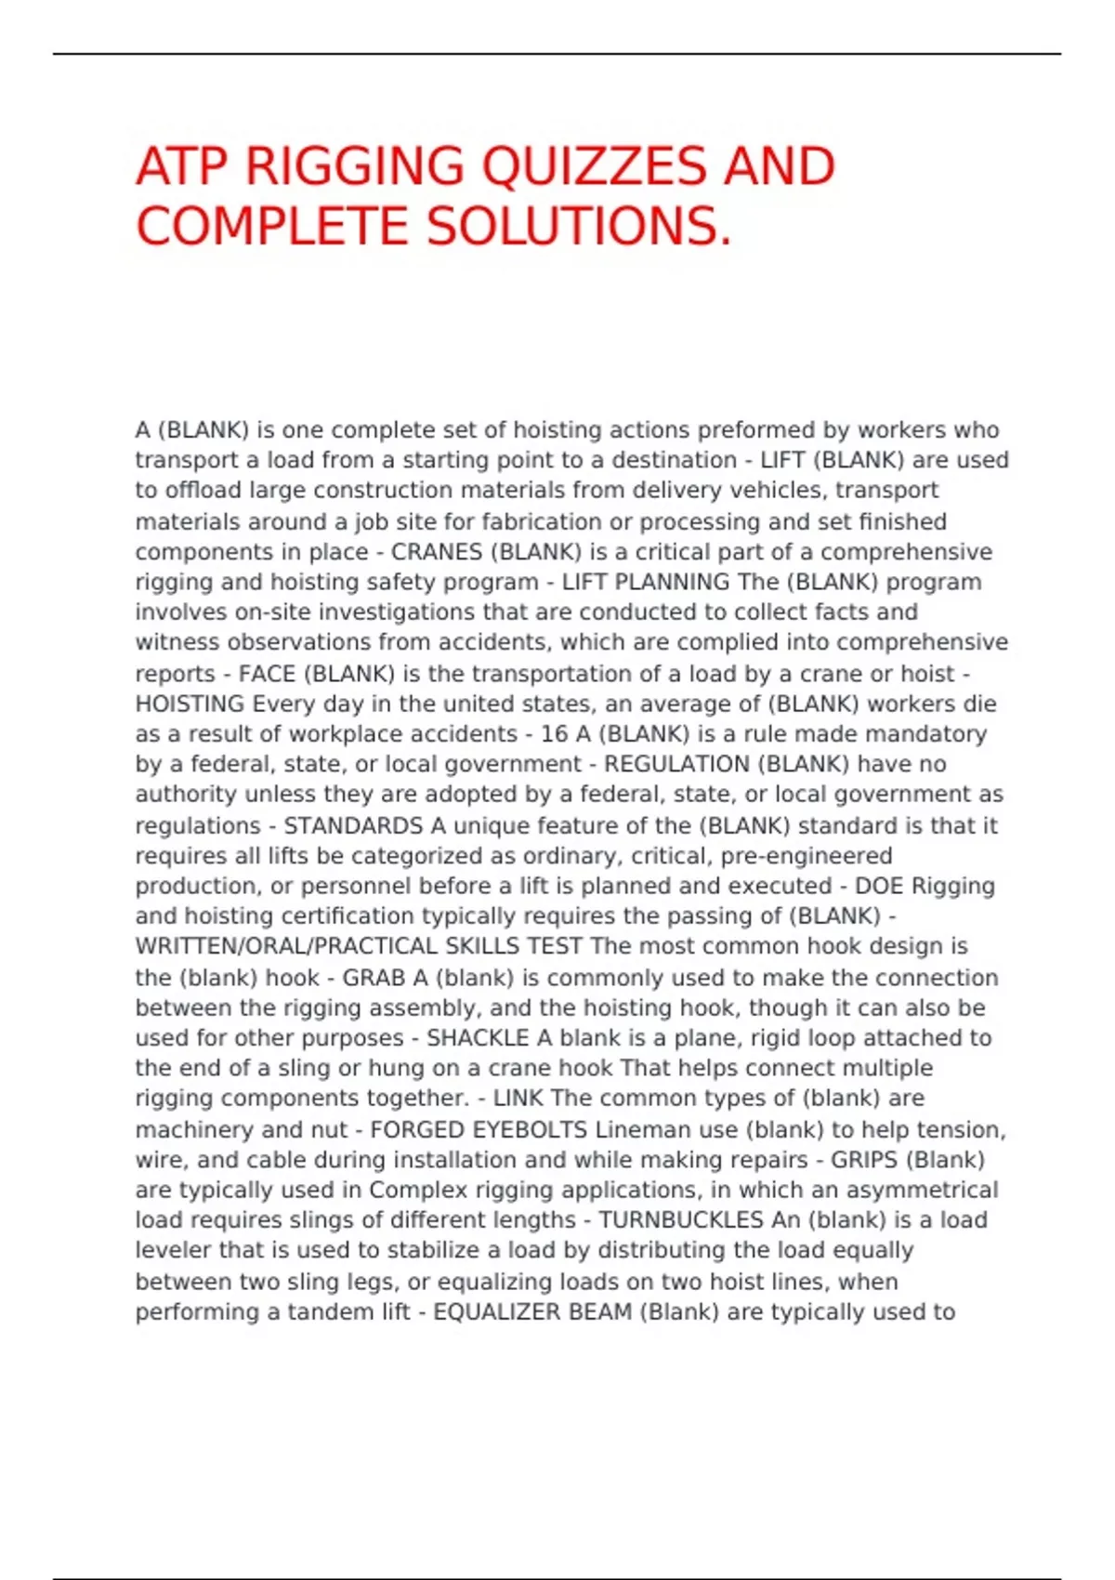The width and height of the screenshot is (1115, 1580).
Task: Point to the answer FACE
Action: coord(267,674)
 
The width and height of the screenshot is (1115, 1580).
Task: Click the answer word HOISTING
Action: coord(190,704)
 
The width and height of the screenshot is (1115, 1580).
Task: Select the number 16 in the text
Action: coord(554,734)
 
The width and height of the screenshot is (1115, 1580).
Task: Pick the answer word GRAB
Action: coord(374,978)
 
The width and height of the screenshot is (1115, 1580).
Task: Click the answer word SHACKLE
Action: coord(477,1038)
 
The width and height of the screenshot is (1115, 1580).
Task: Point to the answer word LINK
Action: coord(518,1099)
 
